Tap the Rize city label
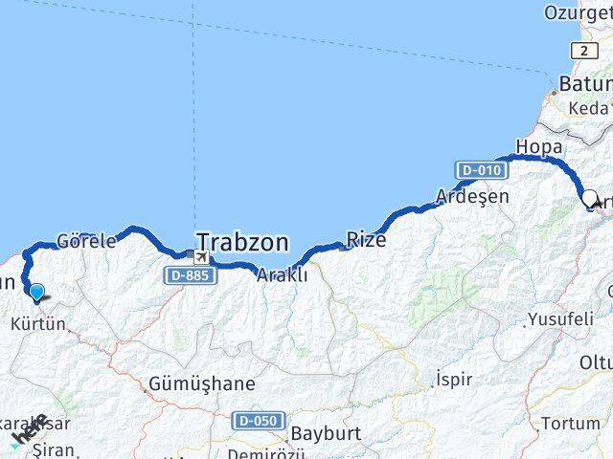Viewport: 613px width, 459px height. coord(366,239)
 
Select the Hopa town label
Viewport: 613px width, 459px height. coord(533,146)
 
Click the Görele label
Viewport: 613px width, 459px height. coord(86,241)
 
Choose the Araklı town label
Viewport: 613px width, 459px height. coord(282,274)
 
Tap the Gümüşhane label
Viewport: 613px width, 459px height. coord(202,384)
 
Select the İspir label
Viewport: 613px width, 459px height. coord(454,379)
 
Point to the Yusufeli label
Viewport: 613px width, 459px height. coord(560,319)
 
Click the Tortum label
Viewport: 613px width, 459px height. coord(571,423)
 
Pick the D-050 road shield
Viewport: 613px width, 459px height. coord(256,421)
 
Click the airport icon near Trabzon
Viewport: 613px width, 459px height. coord(200,256)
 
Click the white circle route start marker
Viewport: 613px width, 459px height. coord(590,199)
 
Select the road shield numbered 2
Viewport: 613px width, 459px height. coord(580,50)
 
